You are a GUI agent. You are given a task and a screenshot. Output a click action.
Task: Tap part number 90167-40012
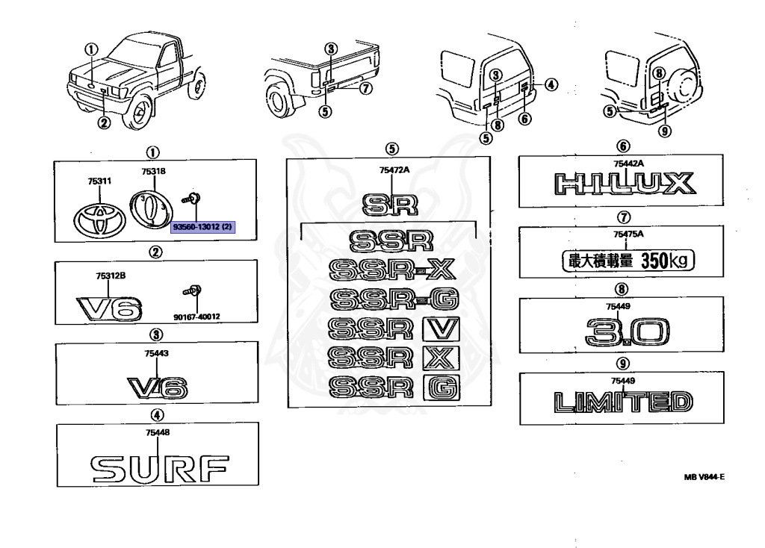coord(196,316)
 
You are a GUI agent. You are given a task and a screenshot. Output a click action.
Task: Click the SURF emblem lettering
coord(158,467)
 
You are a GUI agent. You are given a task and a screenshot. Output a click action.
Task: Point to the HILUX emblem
coord(623,184)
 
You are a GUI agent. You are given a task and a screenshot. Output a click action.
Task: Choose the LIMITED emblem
coord(623,402)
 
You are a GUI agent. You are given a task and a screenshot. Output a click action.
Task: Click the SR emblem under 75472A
coord(392,204)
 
